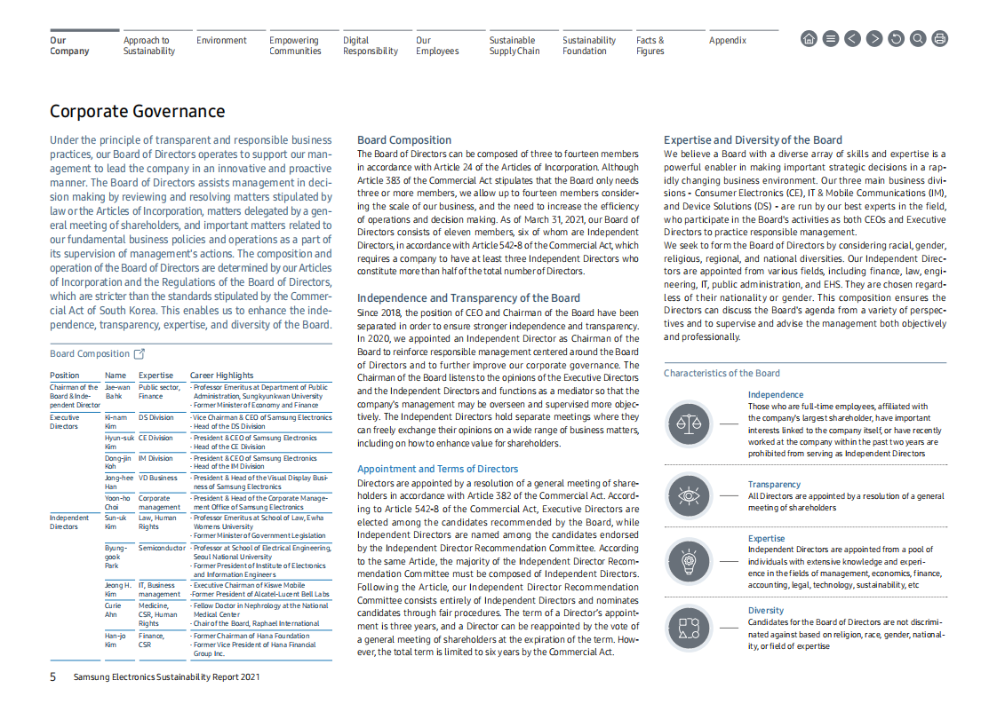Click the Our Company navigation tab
[x=69, y=45]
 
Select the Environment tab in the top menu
[x=221, y=40]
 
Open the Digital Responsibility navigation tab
[x=370, y=45]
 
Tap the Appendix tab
[x=727, y=40]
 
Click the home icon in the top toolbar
[x=809, y=38]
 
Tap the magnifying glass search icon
[x=918, y=38]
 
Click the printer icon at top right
[x=940, y=38]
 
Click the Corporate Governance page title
[x=137, y=111]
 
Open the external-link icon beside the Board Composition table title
[x=139, y=353]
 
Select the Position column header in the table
[x=65, y=376]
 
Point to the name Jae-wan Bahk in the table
[x=116, y=392]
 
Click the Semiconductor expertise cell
[x=162, y=548]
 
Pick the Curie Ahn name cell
[x=113, y=610]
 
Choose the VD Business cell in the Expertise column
[x=157, y=478]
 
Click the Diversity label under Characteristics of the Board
[x=766, y=610]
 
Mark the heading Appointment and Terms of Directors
[x=437, y=469]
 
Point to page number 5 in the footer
[x=52, y=677]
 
